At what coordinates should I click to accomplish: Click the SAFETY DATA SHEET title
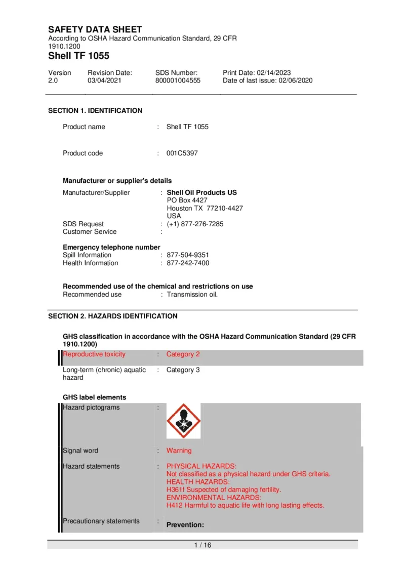95,30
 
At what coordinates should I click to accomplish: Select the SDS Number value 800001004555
178,80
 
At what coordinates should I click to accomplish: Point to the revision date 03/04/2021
103,80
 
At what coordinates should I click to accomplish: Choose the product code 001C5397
182,153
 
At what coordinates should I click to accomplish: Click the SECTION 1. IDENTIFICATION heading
95,111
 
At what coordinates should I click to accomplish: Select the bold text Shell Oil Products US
201,193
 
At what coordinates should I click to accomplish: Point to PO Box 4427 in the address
187,200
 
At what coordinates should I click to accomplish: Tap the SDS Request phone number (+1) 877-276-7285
195,224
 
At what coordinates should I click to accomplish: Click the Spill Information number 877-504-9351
188,255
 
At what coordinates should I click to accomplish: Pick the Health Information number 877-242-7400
188,263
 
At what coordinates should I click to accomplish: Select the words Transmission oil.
192,295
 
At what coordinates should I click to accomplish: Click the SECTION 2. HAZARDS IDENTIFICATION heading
112,316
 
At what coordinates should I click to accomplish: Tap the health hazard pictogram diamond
184,421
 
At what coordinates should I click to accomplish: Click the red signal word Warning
179,451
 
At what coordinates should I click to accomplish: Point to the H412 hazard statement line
245,505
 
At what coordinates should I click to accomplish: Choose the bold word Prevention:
185,525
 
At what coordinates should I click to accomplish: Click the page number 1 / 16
202,545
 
